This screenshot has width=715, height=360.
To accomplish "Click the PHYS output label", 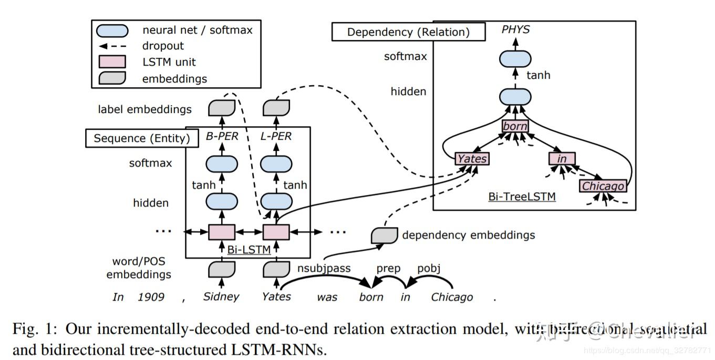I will pos(515,30).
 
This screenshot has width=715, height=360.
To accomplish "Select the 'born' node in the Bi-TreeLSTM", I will pos(515,127).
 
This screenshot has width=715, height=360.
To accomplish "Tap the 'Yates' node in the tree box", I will pos(472,159).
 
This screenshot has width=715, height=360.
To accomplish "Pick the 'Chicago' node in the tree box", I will pos(604,186).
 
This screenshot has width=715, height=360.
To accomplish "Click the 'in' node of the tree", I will pos(562,159).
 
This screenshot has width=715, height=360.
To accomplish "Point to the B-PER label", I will pos(221,137).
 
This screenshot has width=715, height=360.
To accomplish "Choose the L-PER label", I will pos(276,137).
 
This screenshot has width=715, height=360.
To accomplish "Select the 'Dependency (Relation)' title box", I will pos(408,32).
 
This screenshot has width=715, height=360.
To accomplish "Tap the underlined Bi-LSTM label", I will pos(249,249).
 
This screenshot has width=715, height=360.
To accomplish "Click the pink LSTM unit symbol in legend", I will pos(112,61).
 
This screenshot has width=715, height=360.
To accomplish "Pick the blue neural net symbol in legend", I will pos(112,30).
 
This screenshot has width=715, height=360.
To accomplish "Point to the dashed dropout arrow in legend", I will pos(112,46).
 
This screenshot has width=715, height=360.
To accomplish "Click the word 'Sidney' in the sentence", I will pos(221,296).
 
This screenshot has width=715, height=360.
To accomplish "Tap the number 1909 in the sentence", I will pos(151,297).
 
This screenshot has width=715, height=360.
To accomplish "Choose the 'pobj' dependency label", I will pos(429,269).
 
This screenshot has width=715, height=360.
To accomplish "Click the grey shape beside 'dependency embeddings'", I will pos(384,235).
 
